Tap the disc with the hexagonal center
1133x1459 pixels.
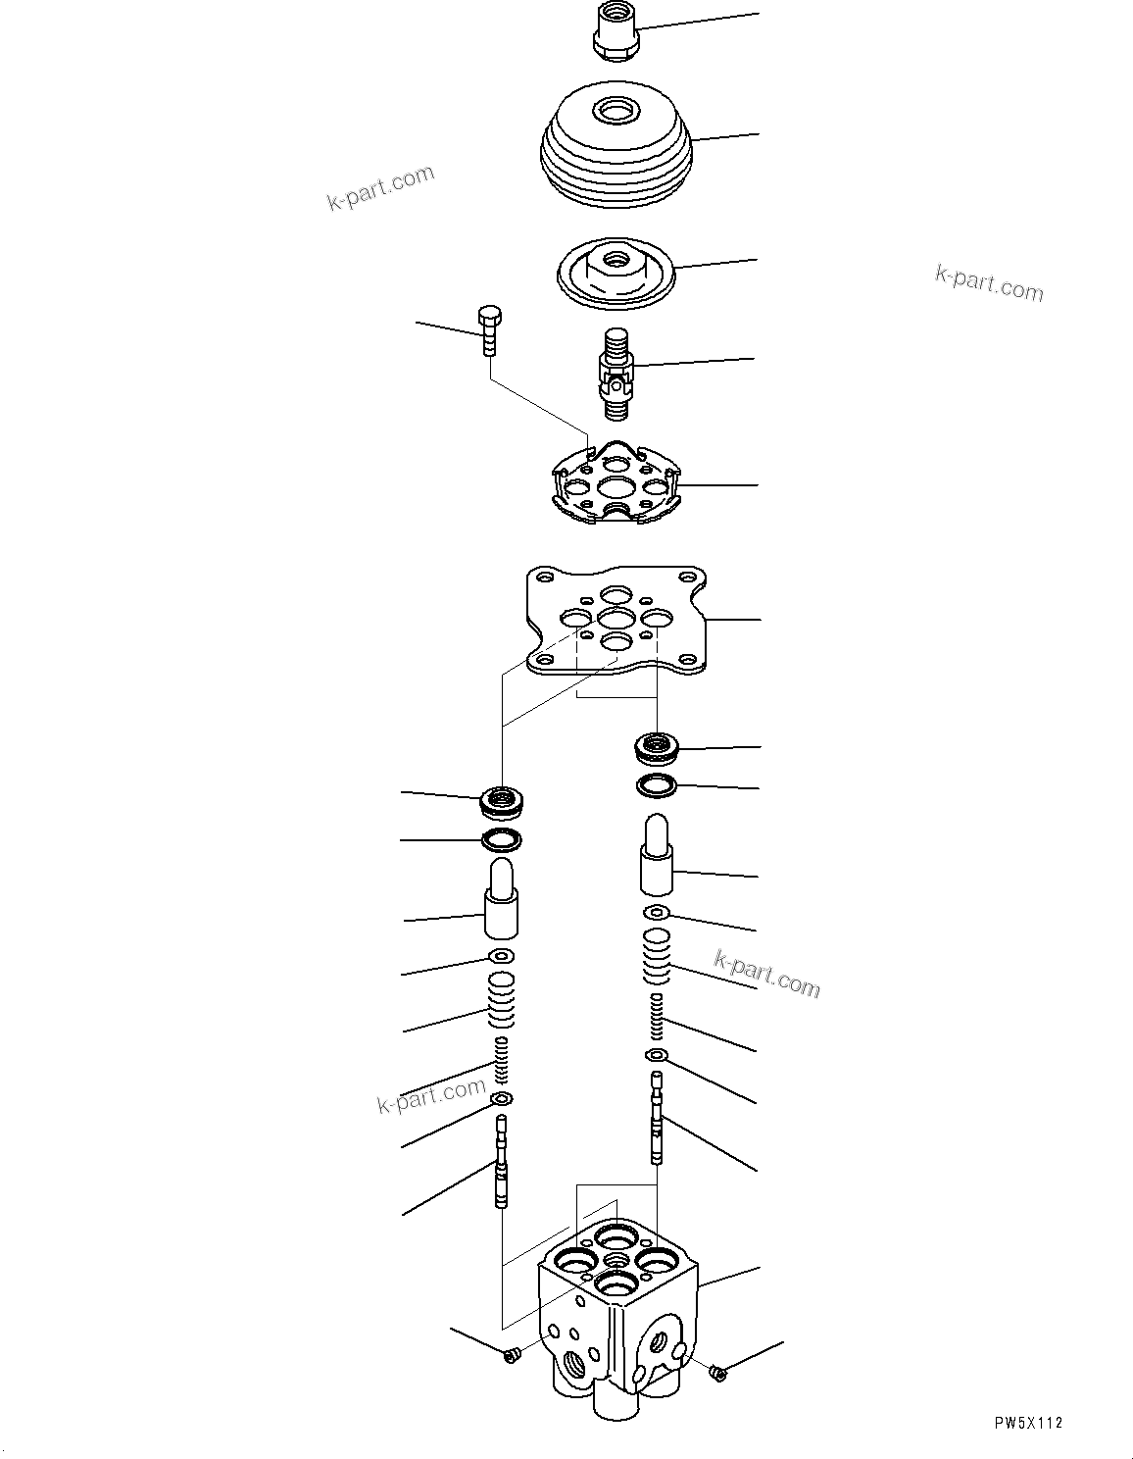point(613,269)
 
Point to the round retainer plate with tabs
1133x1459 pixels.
point(614,485)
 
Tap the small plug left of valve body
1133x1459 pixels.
point(510,1355)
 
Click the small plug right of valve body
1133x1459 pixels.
point(719,1373)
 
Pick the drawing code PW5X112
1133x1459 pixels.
point(1026,1424)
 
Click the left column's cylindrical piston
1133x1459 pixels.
point(501,898)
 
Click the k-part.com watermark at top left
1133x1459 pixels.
point(380,188)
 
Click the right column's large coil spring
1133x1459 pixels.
point(657,956)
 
